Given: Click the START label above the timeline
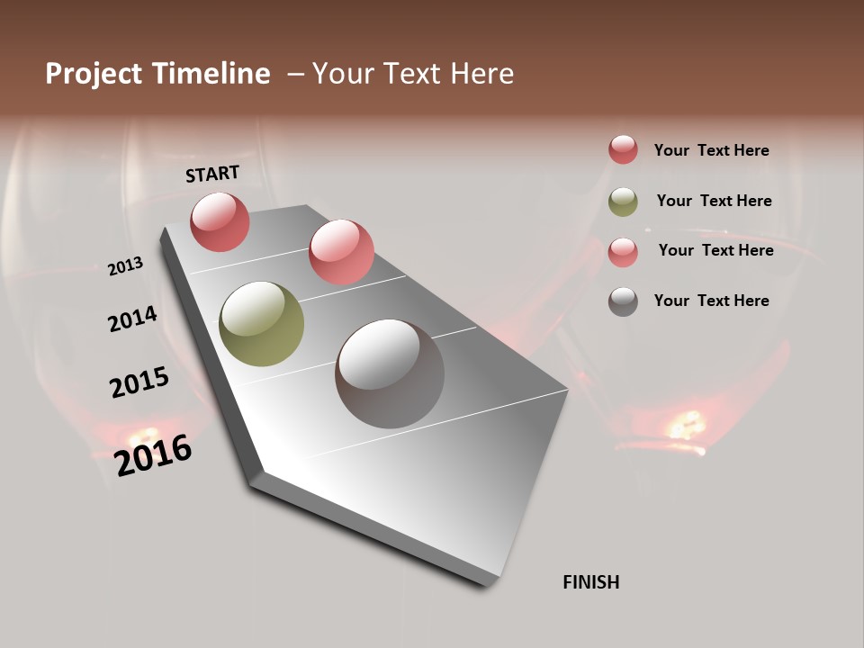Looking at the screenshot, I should point(212,174).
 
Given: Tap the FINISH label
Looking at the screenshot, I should point(591,582).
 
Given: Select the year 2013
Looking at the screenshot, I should point(125,266).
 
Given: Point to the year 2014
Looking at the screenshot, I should point(132,319).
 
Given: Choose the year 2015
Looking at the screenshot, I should point(139,382).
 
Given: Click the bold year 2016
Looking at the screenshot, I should point(153,455).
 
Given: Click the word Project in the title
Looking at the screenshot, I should point(93,74).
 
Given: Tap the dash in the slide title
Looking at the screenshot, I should point(294,74).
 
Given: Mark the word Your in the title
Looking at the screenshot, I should point(343,74).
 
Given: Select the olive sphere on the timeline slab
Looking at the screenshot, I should point(262,324).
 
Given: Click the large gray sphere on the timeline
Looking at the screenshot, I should point(390,373).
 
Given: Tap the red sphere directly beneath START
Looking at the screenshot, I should point(220,221).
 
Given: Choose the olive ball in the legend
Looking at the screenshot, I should point(623,202).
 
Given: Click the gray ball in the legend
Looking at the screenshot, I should point(623,301).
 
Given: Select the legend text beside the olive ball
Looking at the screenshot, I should point(714,201).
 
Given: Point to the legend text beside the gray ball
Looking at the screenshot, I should point(711,301).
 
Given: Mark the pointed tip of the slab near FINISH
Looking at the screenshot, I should point(490,583).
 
